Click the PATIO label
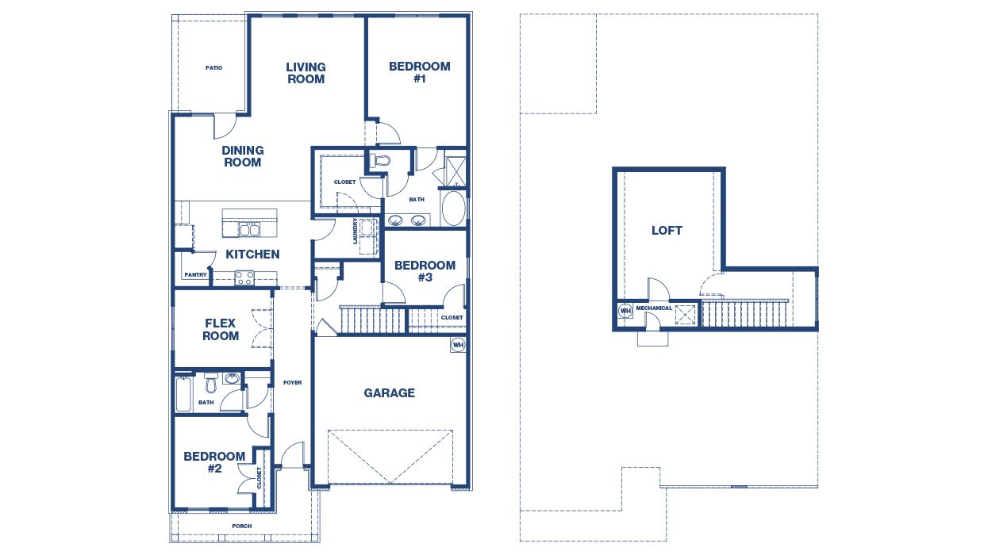[x=213, y=68]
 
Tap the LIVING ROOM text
[x=306, y=73]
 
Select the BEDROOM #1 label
[x=419, y=73]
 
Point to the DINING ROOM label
[x=243, y=156]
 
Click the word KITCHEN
[x=252, y=255]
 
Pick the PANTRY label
[x=195, y=275]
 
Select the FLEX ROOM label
[x=221, y=329]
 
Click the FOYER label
[x=292, y=383]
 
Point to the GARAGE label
[x=389, y=392]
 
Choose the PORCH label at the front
[x=241, y=526]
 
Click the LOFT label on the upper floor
[x=667, y=231]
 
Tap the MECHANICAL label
[x=654, y=308]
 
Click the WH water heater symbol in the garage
[x=457, y=345]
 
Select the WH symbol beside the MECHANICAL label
[x=625, y=311]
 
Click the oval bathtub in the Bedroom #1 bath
[x=453, y=209]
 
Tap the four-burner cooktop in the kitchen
[x=244, y=277]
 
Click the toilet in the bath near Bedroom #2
[x=210, y=384]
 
